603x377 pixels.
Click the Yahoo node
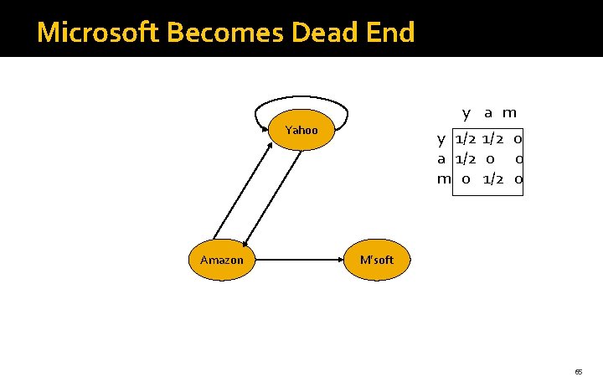click(x=302, y=130)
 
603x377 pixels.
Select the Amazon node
click(x=222, y=260)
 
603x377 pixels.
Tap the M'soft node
click(x=376, y=260)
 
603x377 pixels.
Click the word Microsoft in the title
click(x=100, y=33)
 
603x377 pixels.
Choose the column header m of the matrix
click(x=509, y=113)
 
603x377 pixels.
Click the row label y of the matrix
click(x=441, y=138)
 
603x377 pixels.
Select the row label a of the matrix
click(x=441, y=158)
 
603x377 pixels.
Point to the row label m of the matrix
click(x=443, y=178)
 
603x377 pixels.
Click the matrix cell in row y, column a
click(x=492, y=138)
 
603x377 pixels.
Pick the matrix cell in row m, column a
click(x=492, y=178)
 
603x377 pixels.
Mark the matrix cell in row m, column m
click(x=518, y=178)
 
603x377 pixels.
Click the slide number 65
click(x=578, y=370)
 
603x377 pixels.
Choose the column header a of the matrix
click(x=487, y=113)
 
